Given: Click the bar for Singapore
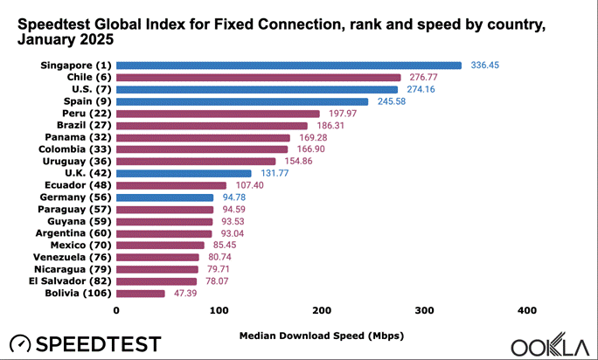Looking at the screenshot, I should pos(289,65).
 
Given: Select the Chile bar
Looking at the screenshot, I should pos(258,77).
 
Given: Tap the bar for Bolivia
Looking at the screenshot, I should pos(140,294).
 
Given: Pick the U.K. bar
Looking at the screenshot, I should pos(184,173).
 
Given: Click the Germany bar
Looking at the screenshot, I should pos(164,197).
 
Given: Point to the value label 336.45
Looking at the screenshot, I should pos(485,65).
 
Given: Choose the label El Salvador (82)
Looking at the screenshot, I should pos(74,281).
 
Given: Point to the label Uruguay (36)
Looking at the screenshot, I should pos(76,161).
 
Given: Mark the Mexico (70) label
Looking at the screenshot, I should pos(80,246).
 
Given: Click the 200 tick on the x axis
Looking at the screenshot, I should pos(322,311).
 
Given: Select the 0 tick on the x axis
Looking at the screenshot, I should pos(116,311).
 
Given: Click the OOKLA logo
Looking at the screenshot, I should pos(550,344).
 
